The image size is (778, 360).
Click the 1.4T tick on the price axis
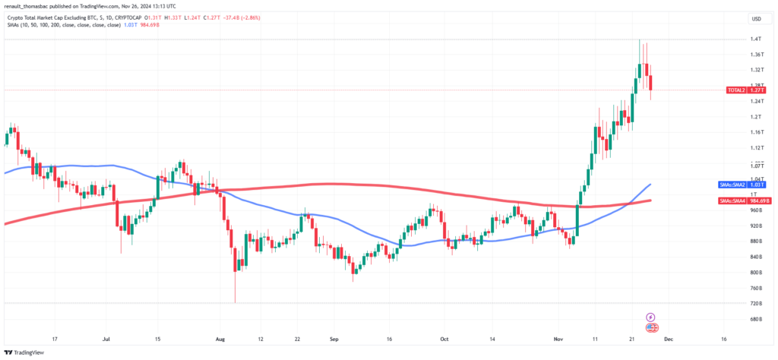[755, 39]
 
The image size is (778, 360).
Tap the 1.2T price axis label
[755, 117]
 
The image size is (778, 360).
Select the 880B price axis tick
[755, 241]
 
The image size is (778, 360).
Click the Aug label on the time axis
[220, 339]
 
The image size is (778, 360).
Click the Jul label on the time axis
[107, 339]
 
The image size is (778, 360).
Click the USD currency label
[756, 19]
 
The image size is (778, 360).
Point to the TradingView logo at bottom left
[27, 352]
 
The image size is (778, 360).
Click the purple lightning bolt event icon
[651, 317]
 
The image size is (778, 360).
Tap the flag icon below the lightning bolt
[651, 327]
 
